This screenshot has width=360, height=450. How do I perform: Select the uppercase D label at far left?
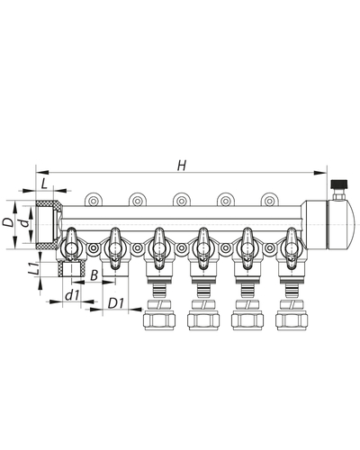(x=7, y=220)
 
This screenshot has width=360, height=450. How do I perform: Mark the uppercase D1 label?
(x=114, y=303)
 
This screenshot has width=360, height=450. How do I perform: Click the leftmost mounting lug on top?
(x=93, y=200)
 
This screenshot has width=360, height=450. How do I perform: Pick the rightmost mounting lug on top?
(x=267, y=200)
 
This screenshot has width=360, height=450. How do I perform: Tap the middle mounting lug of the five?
(x=180, y=200)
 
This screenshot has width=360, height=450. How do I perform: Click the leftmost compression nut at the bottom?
(x=158, y=319)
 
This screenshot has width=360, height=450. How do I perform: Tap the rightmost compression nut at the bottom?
(x=290, y=319)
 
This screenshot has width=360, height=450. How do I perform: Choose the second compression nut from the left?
(x=202, y=319)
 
